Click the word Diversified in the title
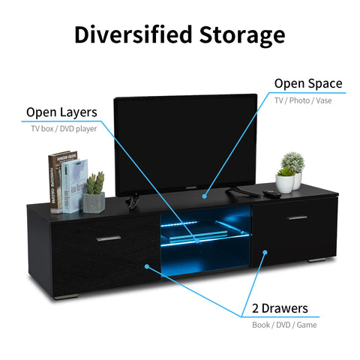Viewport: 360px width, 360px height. pos(133,34)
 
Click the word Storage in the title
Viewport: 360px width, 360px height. pos(242,36)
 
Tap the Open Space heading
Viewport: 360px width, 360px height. pos(308,84)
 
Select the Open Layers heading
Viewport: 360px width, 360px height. pos(61,112)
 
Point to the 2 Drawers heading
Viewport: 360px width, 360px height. pos(280,308)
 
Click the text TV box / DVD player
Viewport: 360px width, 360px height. pos(64,129)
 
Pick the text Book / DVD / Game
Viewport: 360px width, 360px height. pos(284,325)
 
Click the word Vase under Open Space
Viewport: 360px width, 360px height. pos(324,100)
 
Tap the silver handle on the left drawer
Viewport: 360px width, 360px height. pos(109,238)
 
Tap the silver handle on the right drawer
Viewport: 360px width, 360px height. pos(298,217)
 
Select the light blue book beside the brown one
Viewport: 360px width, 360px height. pos(74,186)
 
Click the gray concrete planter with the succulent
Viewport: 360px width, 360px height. pos(94,202)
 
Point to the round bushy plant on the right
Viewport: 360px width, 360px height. pos(293,163)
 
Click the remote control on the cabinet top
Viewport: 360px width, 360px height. pos(272,193)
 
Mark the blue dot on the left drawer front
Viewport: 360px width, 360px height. pos(147,266)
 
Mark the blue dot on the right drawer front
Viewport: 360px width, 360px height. pos(265,252)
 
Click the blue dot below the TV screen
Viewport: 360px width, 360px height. pos(205,196)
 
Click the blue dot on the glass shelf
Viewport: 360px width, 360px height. pos(197,241)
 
